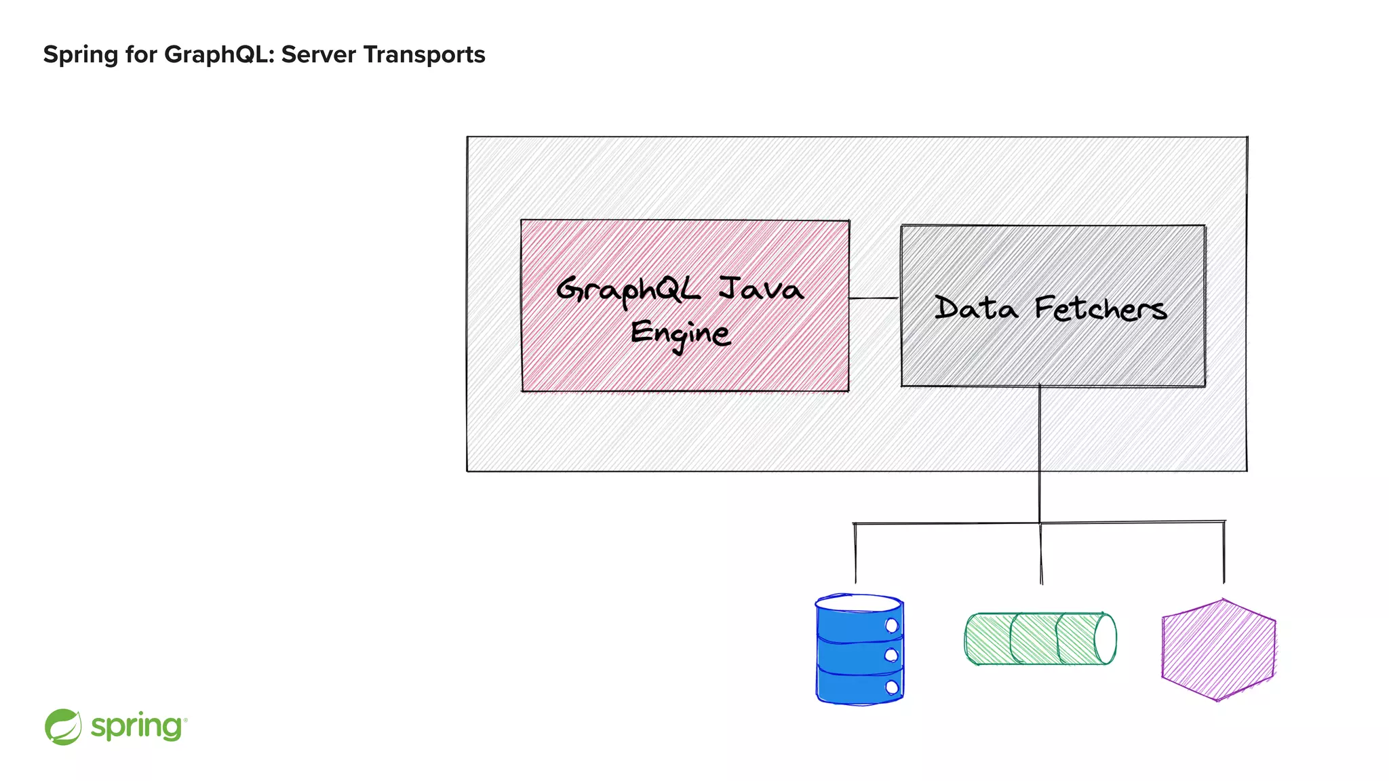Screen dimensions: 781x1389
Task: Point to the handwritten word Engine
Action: pyautogui.click(x=680, y=334)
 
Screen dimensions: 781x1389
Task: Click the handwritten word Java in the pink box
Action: pyautogui.click(x=761, y=289)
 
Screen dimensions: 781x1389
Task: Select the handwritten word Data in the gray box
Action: pyautogui.click(x=976, y=308)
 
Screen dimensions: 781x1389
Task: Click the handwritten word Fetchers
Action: pyautogui.click(x=1100, y=309)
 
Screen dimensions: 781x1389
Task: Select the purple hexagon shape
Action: pyautogui.click(x=1218, y=649)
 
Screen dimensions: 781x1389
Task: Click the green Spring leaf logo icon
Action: pyautogui.click(x=63, y=727)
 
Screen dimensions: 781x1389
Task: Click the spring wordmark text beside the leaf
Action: pyautogui.click(x=138, y=727)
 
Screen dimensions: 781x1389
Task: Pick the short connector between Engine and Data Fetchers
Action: pyautogui.click(x=874, y=298)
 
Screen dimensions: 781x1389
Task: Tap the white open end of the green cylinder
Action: pyautogui.click(x=1106, y=639)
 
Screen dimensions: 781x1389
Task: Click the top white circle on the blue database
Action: pyautogui.click(x=892, y=625)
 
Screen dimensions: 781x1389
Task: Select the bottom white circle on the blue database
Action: pyautogui.click(x=892, y=687)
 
